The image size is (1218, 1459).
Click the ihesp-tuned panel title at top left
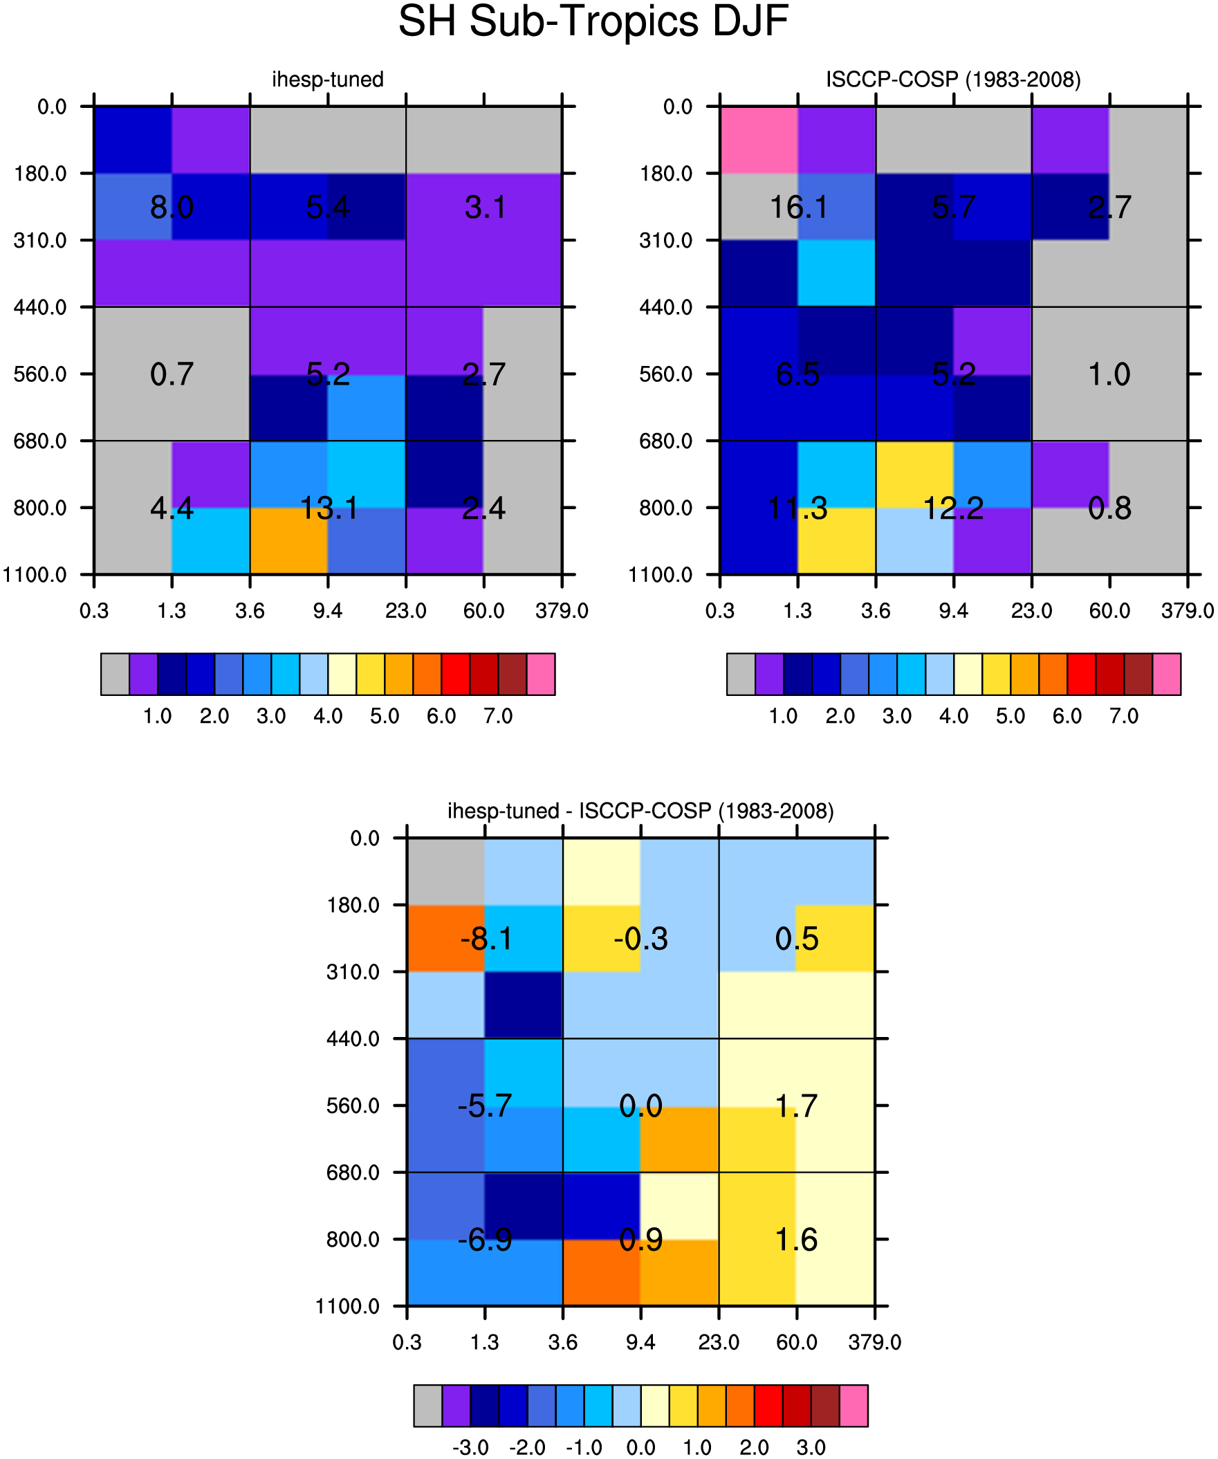[327, 79]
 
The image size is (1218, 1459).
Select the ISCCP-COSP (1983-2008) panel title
[953, 79]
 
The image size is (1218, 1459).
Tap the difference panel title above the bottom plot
[640, 811]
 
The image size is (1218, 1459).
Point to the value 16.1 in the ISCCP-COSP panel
[798, 207]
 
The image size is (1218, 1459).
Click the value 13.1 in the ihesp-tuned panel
[329, 508]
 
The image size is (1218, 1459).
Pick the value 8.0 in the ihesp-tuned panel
[172, 207]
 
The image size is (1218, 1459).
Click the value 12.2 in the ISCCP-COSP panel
[953, 508]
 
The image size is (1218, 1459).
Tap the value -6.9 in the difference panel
[485, 1240]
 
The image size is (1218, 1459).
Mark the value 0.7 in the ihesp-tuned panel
[172, 374]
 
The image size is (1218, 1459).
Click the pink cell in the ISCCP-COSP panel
[759, 140]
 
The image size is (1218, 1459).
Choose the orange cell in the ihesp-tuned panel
[289, 540]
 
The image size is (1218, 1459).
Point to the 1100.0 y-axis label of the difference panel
[347, 1306]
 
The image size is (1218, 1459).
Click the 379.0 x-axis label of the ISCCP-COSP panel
[1188, 611]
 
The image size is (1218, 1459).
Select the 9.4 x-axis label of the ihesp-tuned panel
[328, 611]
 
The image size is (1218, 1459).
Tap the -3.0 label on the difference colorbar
[470, 1448]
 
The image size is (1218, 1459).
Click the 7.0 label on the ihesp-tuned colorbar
[498, 716]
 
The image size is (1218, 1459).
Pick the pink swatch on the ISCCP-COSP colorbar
[1167, 674]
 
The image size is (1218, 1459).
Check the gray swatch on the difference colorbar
[428, 1406]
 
